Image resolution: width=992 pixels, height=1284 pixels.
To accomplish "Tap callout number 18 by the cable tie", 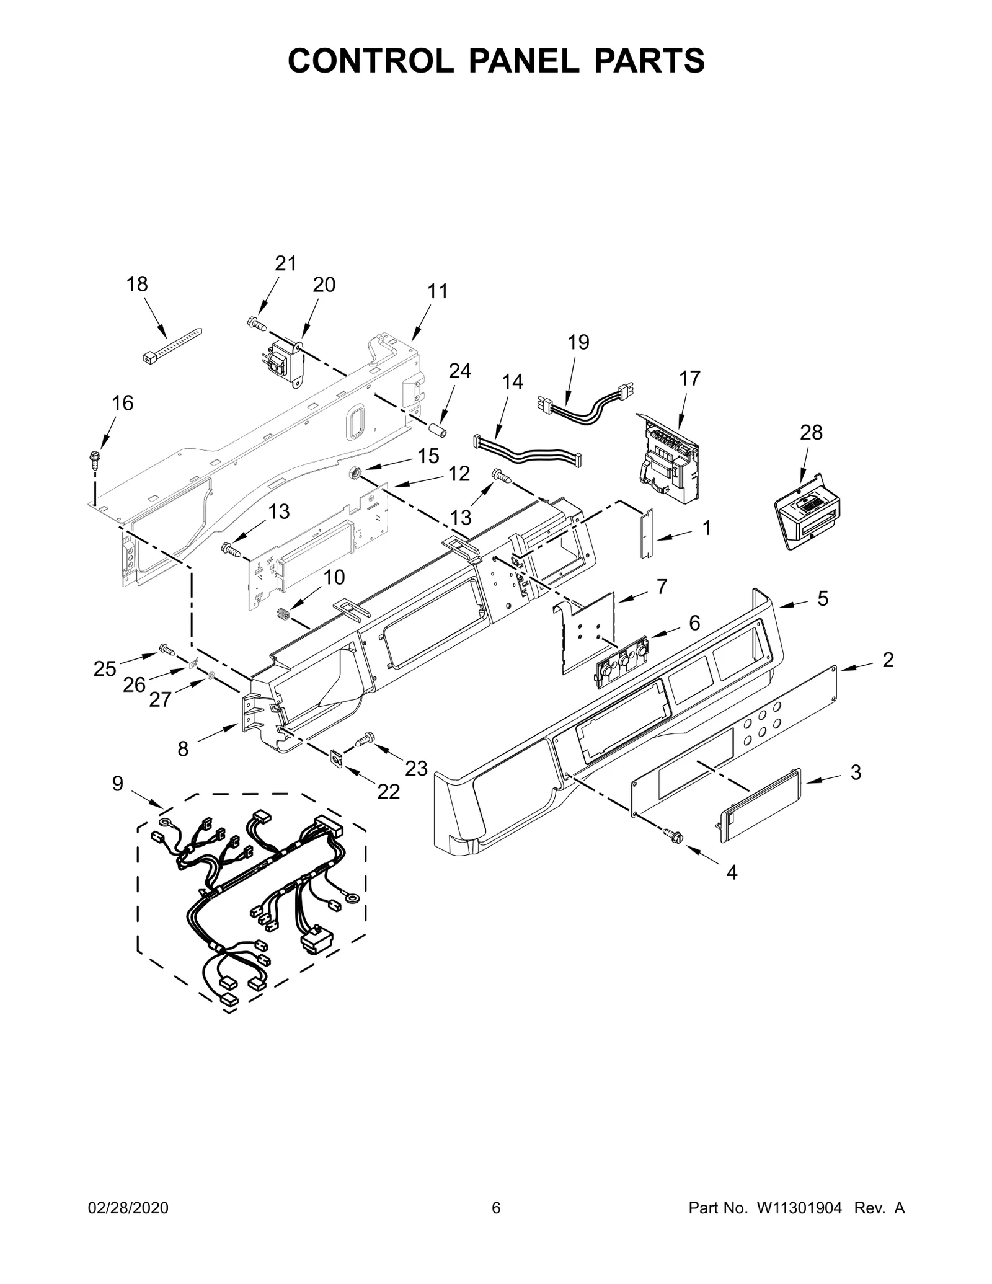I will coord(137,285).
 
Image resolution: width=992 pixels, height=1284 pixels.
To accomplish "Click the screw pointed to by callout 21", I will coord(256,322).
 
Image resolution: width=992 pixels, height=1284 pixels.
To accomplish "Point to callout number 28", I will coord(811,432).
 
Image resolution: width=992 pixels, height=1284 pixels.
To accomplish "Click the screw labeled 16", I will coord(95,459).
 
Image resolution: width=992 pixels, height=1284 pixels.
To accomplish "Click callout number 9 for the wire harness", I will coord(118,784).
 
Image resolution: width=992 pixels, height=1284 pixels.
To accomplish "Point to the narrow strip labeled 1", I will coord(647,533).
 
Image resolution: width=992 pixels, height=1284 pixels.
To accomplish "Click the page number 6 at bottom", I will coord(496,1225).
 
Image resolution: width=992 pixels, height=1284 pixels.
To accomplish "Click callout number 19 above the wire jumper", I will coord(578,342).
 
